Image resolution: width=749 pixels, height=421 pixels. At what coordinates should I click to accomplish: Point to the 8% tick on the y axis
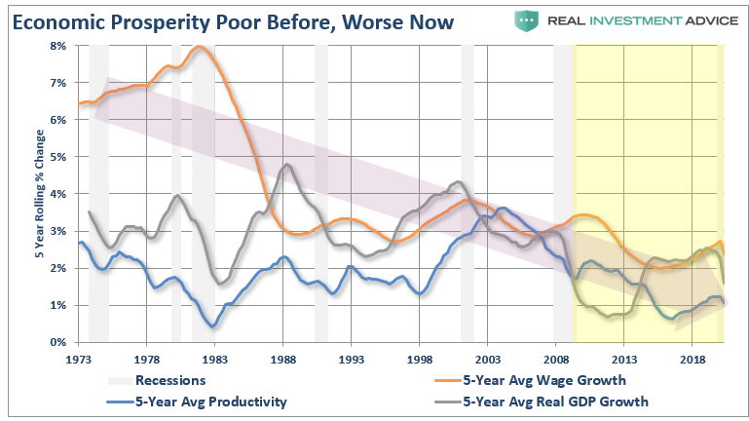57,46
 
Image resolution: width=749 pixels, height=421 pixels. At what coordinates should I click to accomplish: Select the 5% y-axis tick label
57,157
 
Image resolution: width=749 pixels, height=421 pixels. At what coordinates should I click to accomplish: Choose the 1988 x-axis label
283,360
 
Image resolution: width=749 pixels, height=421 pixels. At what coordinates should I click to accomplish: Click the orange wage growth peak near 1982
201,47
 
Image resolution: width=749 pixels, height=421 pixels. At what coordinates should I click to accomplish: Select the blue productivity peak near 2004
502,208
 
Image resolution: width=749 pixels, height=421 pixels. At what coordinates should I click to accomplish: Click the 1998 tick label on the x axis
420,360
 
